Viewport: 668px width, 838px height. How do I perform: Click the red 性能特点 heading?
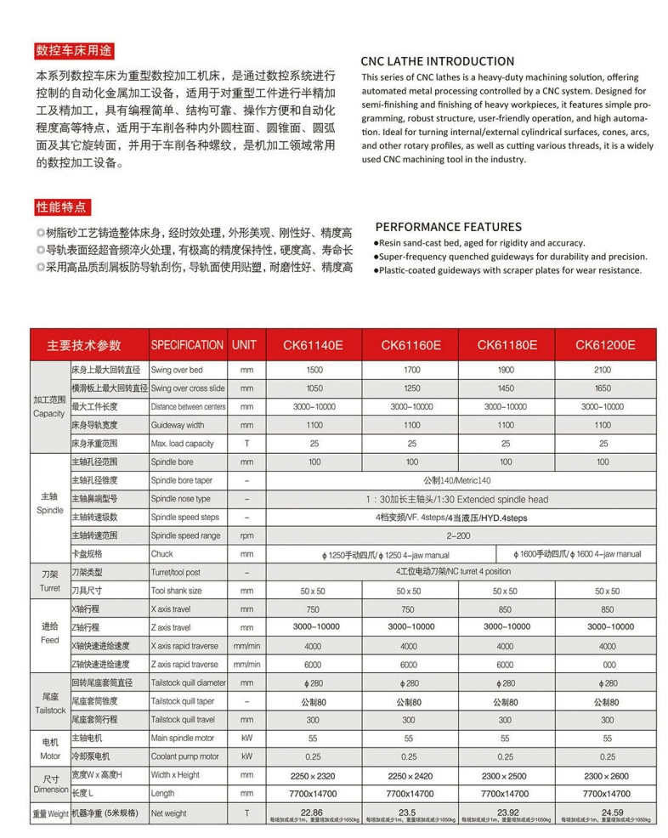(x=61, y=207)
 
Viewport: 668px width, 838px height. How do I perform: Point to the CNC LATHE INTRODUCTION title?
(x=438, y=61)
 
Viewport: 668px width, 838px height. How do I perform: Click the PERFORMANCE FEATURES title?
(x=448, y=228)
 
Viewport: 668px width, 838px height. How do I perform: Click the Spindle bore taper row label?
(x=184, y=480)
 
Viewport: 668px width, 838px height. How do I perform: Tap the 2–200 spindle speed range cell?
(x=459, y=535)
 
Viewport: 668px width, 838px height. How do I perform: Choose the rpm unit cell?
(x=246, y=535)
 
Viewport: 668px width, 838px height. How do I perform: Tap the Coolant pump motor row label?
(x=184, y=756)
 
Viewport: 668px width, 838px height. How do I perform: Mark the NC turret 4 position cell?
(x=459, y=572)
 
